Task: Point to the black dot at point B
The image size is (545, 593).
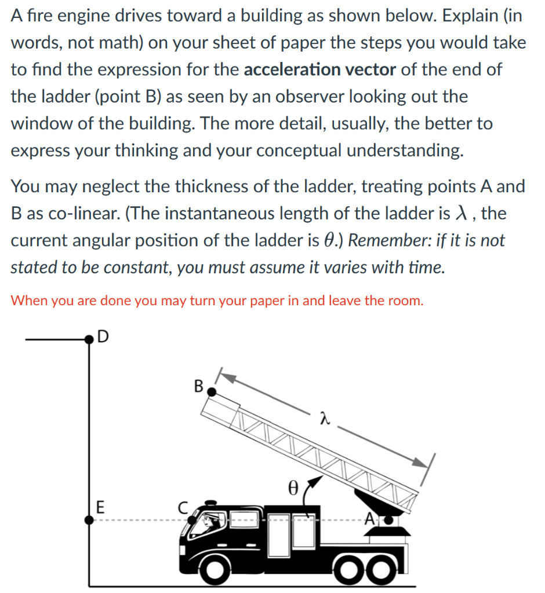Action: (212, 392)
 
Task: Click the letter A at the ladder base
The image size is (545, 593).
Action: (369, 519)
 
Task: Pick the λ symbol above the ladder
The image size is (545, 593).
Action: (326, 418)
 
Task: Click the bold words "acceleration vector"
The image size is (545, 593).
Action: (320, 69)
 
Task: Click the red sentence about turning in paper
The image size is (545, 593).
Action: (217, 301)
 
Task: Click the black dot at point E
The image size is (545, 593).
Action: (89, 519)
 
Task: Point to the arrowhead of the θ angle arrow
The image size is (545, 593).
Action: (317, 481)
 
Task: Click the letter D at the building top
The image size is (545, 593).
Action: (102, 336)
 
